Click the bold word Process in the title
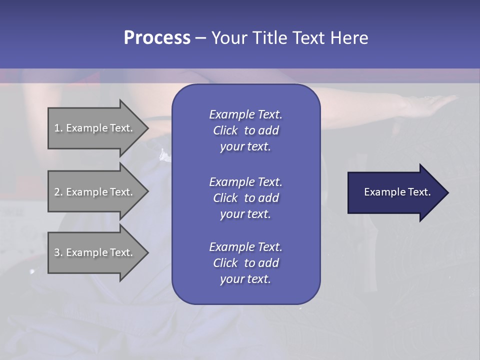(x=157, y=38)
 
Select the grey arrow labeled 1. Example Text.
(x=95, y=128)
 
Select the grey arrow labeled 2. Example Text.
(x=95, y=192)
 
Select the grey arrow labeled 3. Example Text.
(x=95, y=252)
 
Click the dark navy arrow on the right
(x=395, y=192)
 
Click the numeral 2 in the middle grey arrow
(x=56, y=192)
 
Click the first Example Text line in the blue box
(x=245, y=114)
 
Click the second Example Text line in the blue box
(x=245, y=181)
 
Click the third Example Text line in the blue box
(x=245, y=247)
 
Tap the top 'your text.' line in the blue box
(x=245, y=147)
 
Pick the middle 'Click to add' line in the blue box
(x=245, y=198)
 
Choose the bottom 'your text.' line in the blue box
(x=245, y=279)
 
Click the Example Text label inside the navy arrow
(x=397, y=192)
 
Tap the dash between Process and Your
(x=200, y=38)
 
